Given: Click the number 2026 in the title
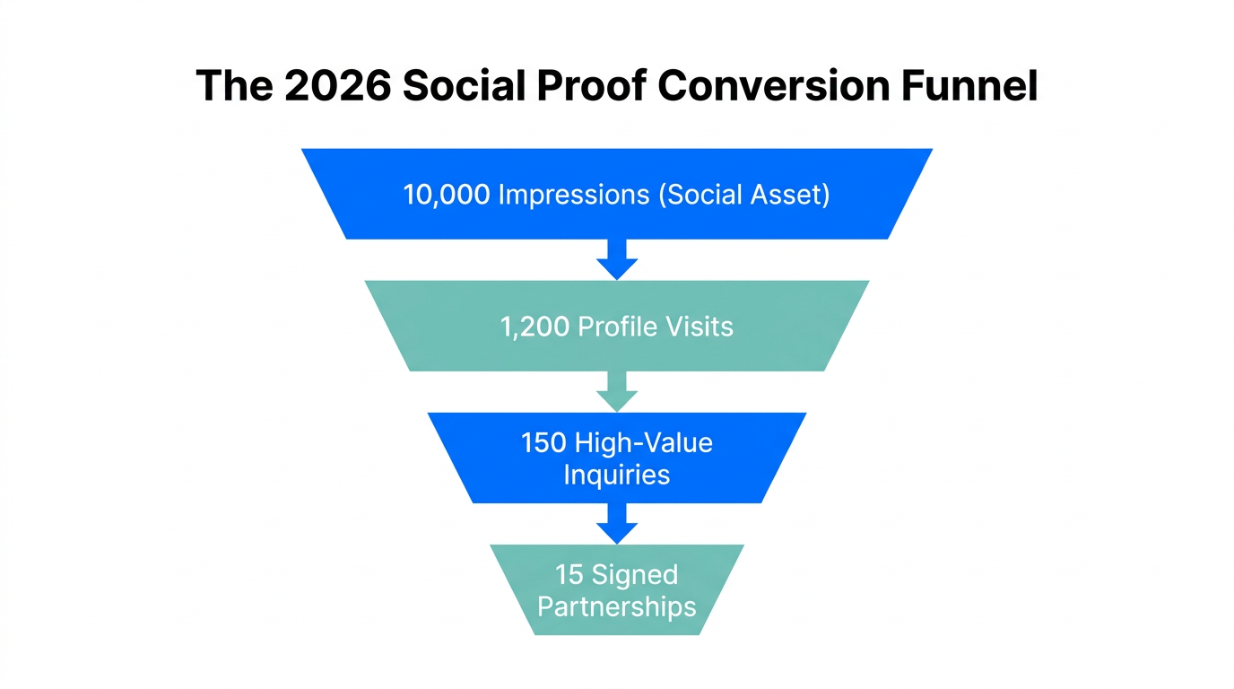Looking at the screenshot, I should (x=339, y=86).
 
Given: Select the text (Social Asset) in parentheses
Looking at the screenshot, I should (x=744, y=195).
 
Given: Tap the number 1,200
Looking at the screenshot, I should (x=534, y=326).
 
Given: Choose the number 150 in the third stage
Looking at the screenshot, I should (x=543, y=443).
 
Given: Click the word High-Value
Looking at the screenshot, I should (x=644, y=443).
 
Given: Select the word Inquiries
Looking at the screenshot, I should (x=616, y=475).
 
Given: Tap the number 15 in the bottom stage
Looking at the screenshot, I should (x=569, y=574).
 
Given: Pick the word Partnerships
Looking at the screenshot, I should (x=616, y=606).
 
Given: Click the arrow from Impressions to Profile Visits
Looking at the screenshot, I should (x=616, y=259).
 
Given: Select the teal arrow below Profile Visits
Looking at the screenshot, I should (x=616, y=391).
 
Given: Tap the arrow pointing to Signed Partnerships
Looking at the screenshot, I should (x=616, y=523).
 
